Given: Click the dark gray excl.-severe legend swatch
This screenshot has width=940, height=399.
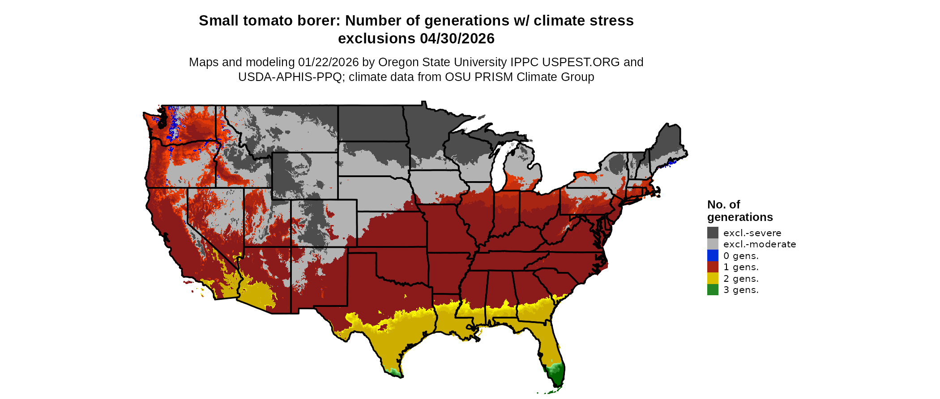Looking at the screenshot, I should pos(713,233).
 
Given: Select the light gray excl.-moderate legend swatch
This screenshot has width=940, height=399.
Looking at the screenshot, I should pos(713,244).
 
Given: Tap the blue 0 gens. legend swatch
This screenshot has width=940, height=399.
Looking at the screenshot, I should pos(713,255).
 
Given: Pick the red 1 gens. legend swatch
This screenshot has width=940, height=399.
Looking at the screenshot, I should pos(713,267).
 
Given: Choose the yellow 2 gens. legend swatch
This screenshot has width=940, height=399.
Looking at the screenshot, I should pos(713,278).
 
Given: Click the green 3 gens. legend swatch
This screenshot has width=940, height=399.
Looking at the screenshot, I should pos(713,290).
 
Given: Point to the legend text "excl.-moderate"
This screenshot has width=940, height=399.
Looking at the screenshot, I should pos(760,244).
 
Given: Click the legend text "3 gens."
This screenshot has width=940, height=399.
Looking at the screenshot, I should pos(741,290).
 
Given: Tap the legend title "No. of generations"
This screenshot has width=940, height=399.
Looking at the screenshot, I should pos(739,211).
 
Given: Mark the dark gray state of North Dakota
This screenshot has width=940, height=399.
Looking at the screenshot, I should pos(372,123).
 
